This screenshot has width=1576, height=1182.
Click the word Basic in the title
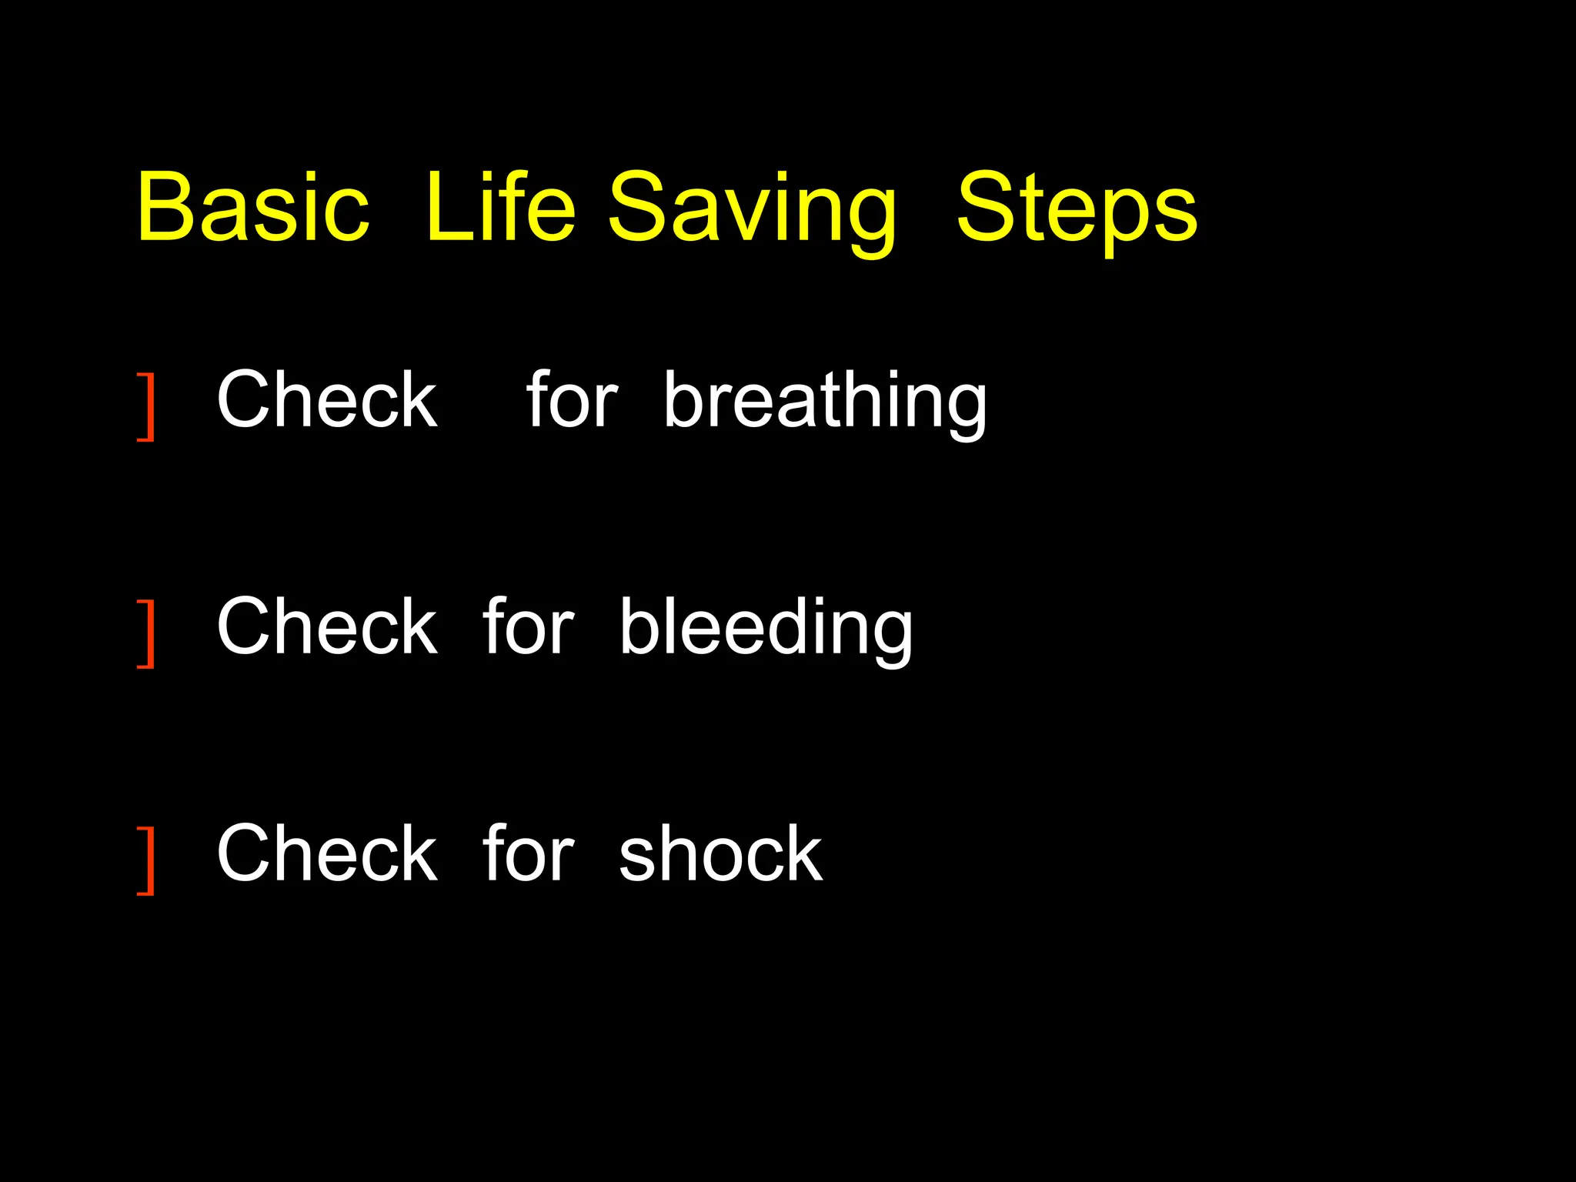click(x=253, y=206)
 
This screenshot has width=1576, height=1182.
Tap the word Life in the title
click(x=500, y=206)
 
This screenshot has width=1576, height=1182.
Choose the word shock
click(x=720, y=854)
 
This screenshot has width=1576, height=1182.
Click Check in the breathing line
click(x=327, y=399)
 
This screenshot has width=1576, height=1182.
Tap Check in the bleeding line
click(x=327, y=626)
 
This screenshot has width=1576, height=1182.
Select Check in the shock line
click(x=327, y=853)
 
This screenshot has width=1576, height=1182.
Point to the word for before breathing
click(x=572, y=399)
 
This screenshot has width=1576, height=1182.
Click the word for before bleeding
click(x=528, y=626)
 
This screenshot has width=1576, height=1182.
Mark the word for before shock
click(x=528, y=853)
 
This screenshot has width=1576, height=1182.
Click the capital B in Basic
click(x=163, y=206)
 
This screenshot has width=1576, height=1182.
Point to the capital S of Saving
click(x=637, y=206)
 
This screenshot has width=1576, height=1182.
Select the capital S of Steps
click(x=986, y=206)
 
